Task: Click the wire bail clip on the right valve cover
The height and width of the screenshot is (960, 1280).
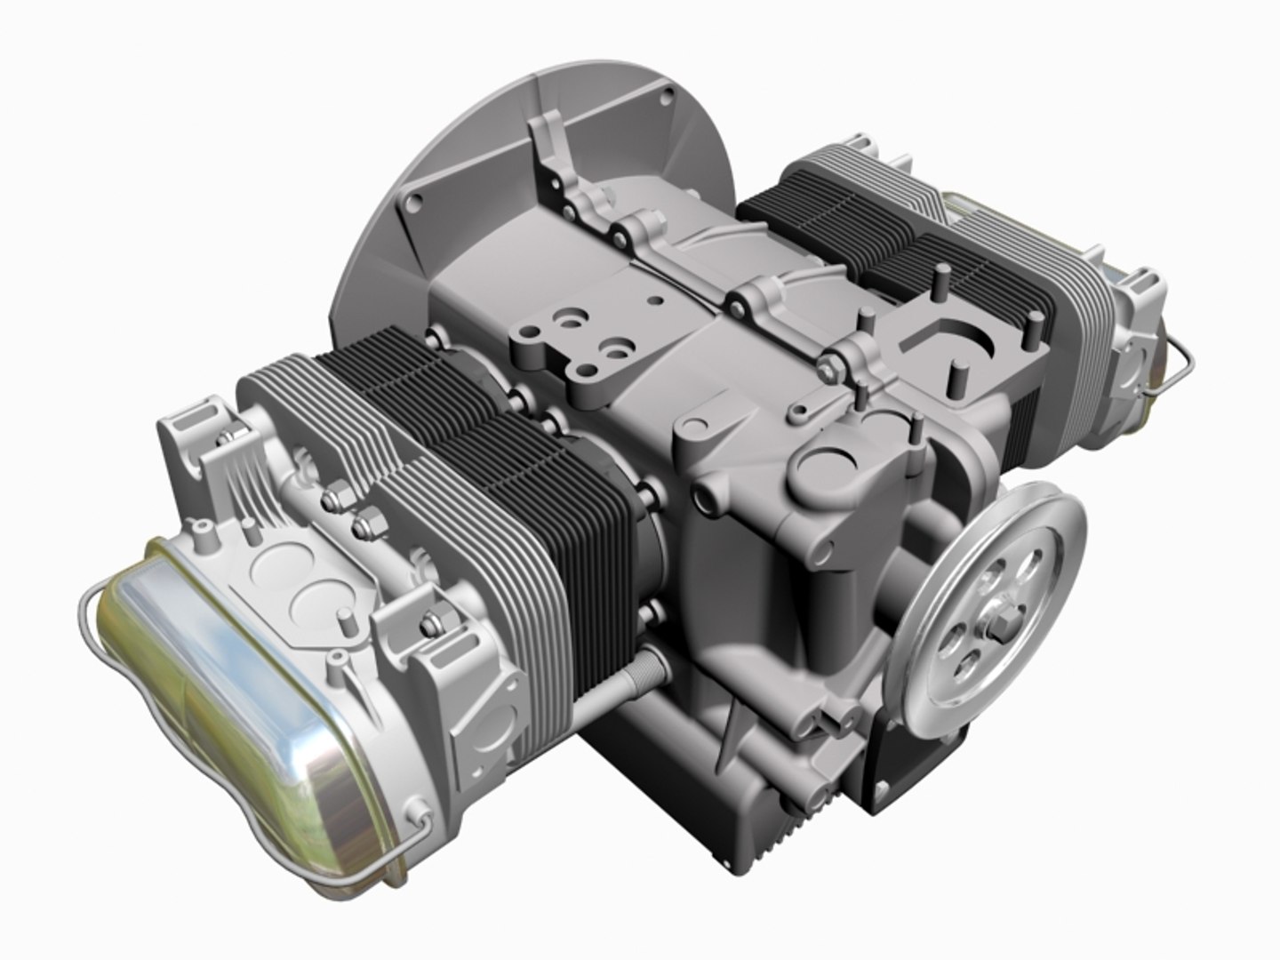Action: click(x=1178, y=364)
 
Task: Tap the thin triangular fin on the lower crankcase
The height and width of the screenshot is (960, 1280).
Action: click(x=733, y=720)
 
